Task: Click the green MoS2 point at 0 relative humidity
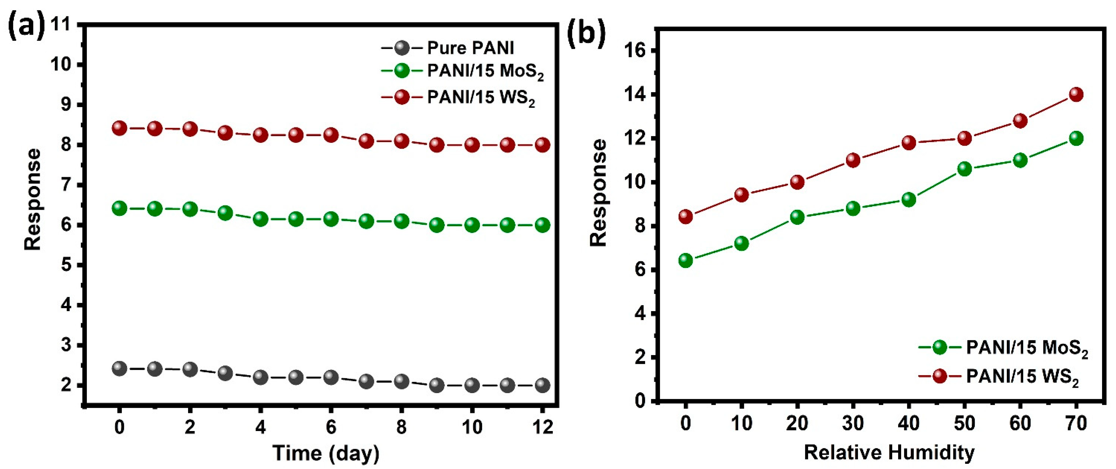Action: click(686, 261)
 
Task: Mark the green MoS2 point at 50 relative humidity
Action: click(964, 169)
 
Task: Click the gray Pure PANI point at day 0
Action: click(119, 368)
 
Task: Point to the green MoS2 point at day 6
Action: click(331, 219)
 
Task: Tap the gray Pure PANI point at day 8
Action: click(402, 381)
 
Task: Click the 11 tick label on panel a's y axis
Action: click(61, 24)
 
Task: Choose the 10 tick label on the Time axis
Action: click(472, 428)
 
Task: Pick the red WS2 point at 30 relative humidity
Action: click(853, 160)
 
